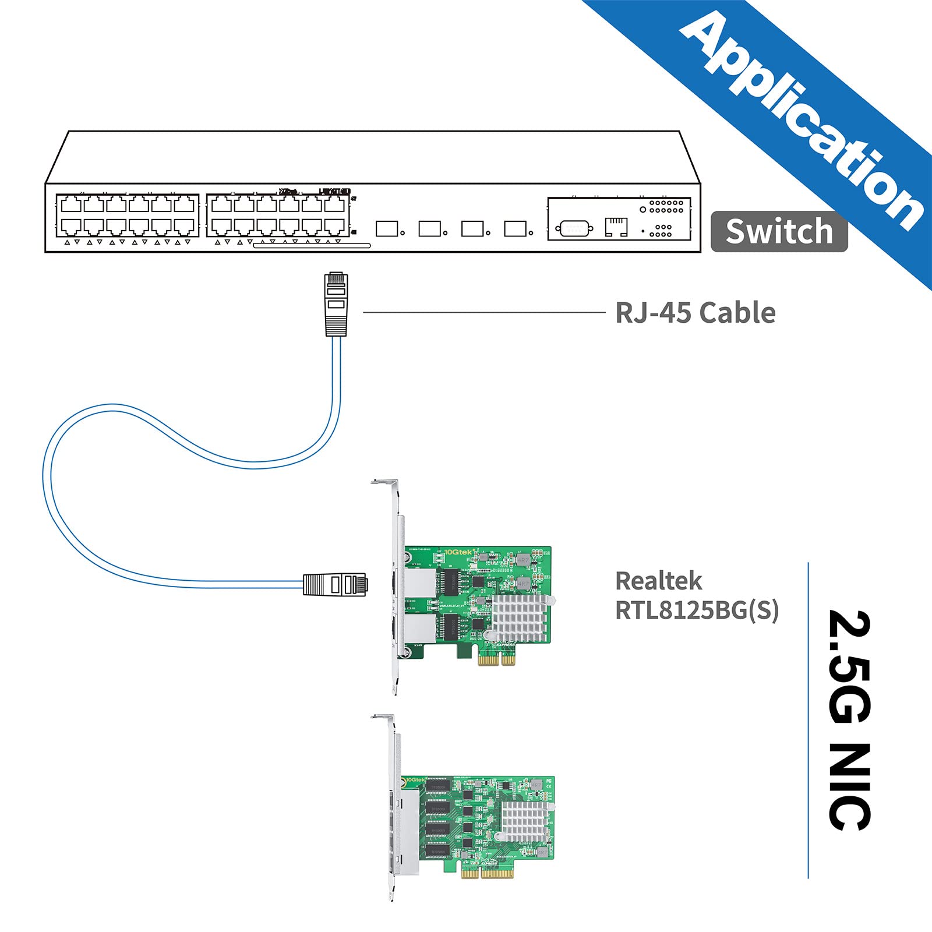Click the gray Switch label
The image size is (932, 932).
point(779,231)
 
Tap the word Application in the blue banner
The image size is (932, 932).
point(804,119)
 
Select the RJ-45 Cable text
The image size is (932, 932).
point(695,313)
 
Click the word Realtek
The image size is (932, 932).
point(658,581)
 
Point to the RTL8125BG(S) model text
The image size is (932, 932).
point(697,610)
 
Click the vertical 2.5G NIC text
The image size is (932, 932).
point(849,719)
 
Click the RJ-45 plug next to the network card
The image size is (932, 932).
point(334,584)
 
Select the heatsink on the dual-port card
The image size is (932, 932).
point(520,619)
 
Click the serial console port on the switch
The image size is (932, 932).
point(574,228)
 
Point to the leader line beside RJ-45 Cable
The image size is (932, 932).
point(483,312)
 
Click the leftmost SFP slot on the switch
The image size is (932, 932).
point(387,228)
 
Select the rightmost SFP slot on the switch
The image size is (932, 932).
point(515,228)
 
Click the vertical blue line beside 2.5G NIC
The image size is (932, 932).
point(809,719)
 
